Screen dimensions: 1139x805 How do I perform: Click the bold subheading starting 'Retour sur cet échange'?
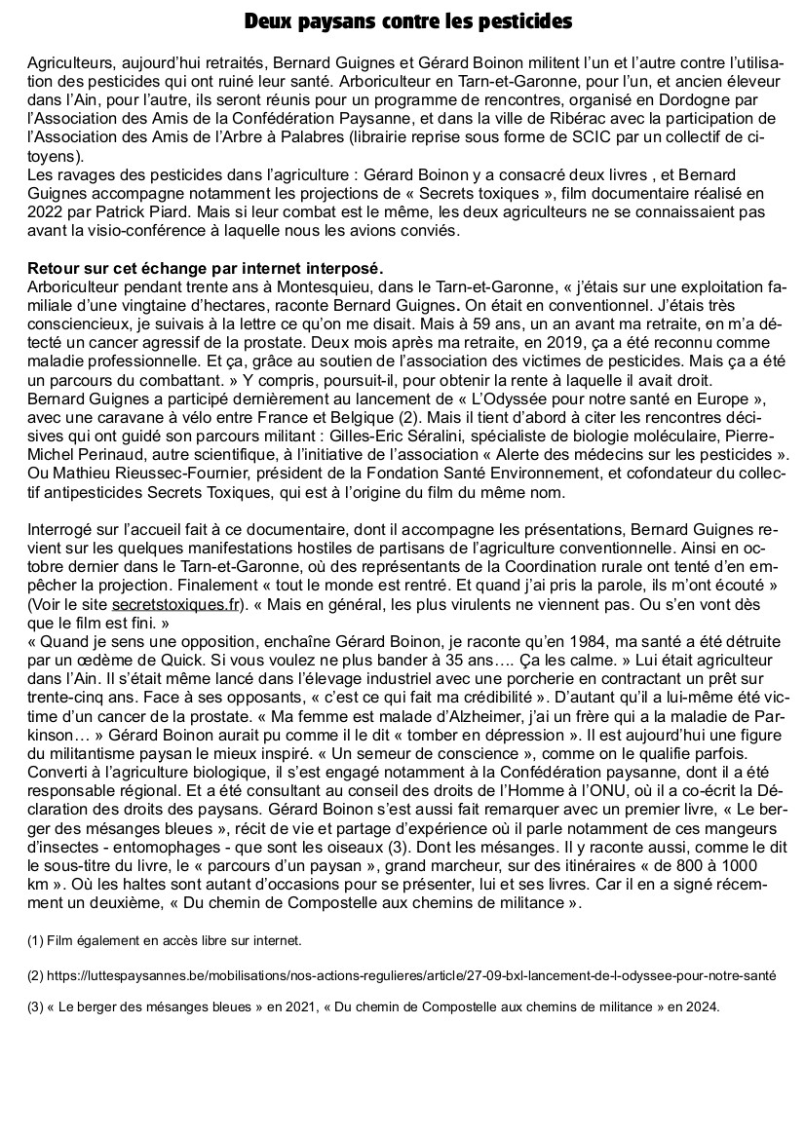[206, 268]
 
